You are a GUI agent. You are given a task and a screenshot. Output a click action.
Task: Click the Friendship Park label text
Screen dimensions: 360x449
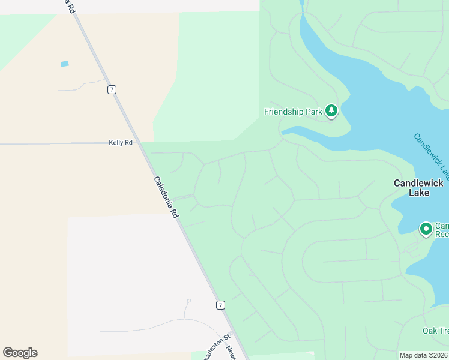point(293,112)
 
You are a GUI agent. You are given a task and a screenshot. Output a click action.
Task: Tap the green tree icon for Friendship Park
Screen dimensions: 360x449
point(331,110)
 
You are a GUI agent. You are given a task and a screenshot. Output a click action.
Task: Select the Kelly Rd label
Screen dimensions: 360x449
point(121,143)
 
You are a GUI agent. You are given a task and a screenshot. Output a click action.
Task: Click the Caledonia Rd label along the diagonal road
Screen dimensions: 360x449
point(166,197)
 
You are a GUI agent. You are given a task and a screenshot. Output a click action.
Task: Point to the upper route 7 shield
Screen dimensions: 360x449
point(112,89)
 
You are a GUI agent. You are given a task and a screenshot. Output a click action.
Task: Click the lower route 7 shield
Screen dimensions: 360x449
point(221,305)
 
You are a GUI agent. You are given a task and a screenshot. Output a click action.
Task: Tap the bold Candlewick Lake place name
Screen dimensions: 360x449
point(418,187)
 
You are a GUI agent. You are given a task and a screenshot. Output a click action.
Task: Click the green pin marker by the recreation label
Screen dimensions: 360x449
point(426,229)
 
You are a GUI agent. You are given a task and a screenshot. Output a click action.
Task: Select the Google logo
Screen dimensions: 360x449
point(20,353)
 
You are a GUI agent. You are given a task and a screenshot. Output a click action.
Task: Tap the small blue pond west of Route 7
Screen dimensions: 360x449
point(64,64)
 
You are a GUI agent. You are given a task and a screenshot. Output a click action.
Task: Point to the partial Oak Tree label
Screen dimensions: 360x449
point(435,331)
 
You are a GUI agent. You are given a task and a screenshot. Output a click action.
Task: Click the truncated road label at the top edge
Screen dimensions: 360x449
point(70,7)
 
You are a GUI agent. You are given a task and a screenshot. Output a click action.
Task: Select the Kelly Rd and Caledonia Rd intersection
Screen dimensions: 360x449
point(142,143)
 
